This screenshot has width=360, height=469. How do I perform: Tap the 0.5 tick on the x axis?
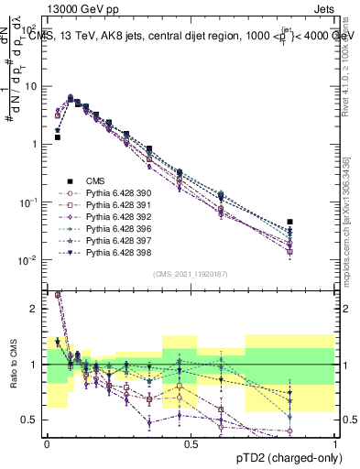point(191,443)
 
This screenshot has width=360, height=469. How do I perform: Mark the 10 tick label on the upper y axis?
point(35,86)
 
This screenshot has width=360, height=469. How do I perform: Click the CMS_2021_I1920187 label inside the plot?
point(191,273)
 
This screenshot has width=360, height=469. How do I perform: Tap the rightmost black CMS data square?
point(290,222)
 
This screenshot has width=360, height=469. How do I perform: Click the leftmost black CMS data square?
point(57,137)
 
